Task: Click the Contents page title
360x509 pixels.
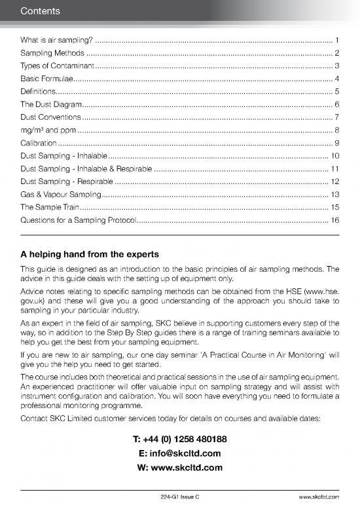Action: (x=41, y=11)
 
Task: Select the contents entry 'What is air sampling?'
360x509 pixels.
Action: (x=57, y=41)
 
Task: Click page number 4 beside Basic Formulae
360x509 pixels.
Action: (x=336, y=79)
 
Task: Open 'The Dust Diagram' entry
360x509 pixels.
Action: (x=51, y=104)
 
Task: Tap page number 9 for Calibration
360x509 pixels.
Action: (x=336, y=143)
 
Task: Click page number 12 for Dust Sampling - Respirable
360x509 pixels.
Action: (x=334, y=181)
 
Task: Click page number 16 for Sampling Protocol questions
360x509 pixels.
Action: (x=334, y=219)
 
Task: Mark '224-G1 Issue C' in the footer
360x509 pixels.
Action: (x=180, y=498)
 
